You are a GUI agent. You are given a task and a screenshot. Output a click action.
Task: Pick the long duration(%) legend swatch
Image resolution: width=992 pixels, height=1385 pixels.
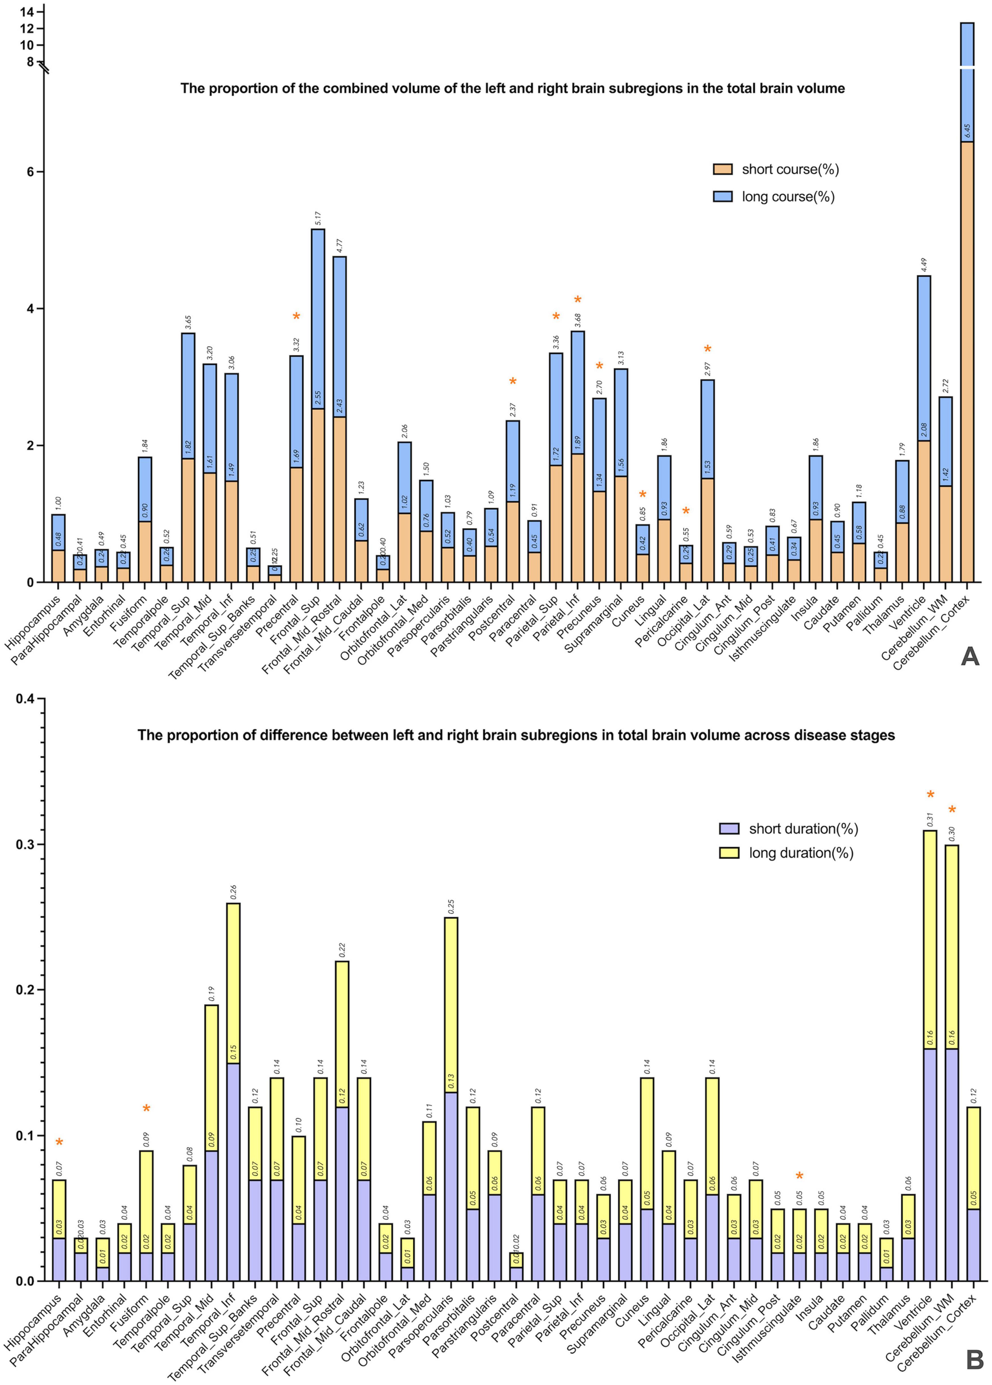coord(730,853)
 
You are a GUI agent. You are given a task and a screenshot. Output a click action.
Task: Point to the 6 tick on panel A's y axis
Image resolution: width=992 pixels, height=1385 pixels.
coord(30,172)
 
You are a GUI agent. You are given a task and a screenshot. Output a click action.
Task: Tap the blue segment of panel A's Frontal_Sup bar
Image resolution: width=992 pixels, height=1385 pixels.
coord(318,318)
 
